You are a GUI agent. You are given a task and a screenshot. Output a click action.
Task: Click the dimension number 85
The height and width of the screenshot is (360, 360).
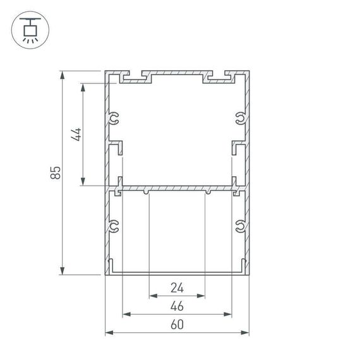click(x=55, y=173)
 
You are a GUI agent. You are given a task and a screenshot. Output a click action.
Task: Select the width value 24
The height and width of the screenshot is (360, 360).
click(x=177, y=288)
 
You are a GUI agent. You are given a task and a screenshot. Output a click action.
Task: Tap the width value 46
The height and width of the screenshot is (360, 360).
click(x=177, y=307)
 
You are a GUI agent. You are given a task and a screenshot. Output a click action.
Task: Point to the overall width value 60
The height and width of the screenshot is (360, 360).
click(x=177, y=325)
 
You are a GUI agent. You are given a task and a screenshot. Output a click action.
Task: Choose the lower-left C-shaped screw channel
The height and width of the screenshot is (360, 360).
click(x=114, y=226)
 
